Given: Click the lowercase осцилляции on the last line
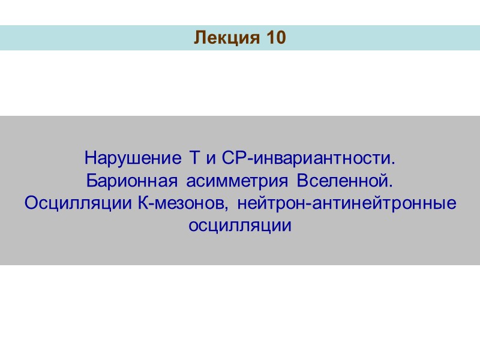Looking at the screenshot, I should (x=240, y=226).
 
